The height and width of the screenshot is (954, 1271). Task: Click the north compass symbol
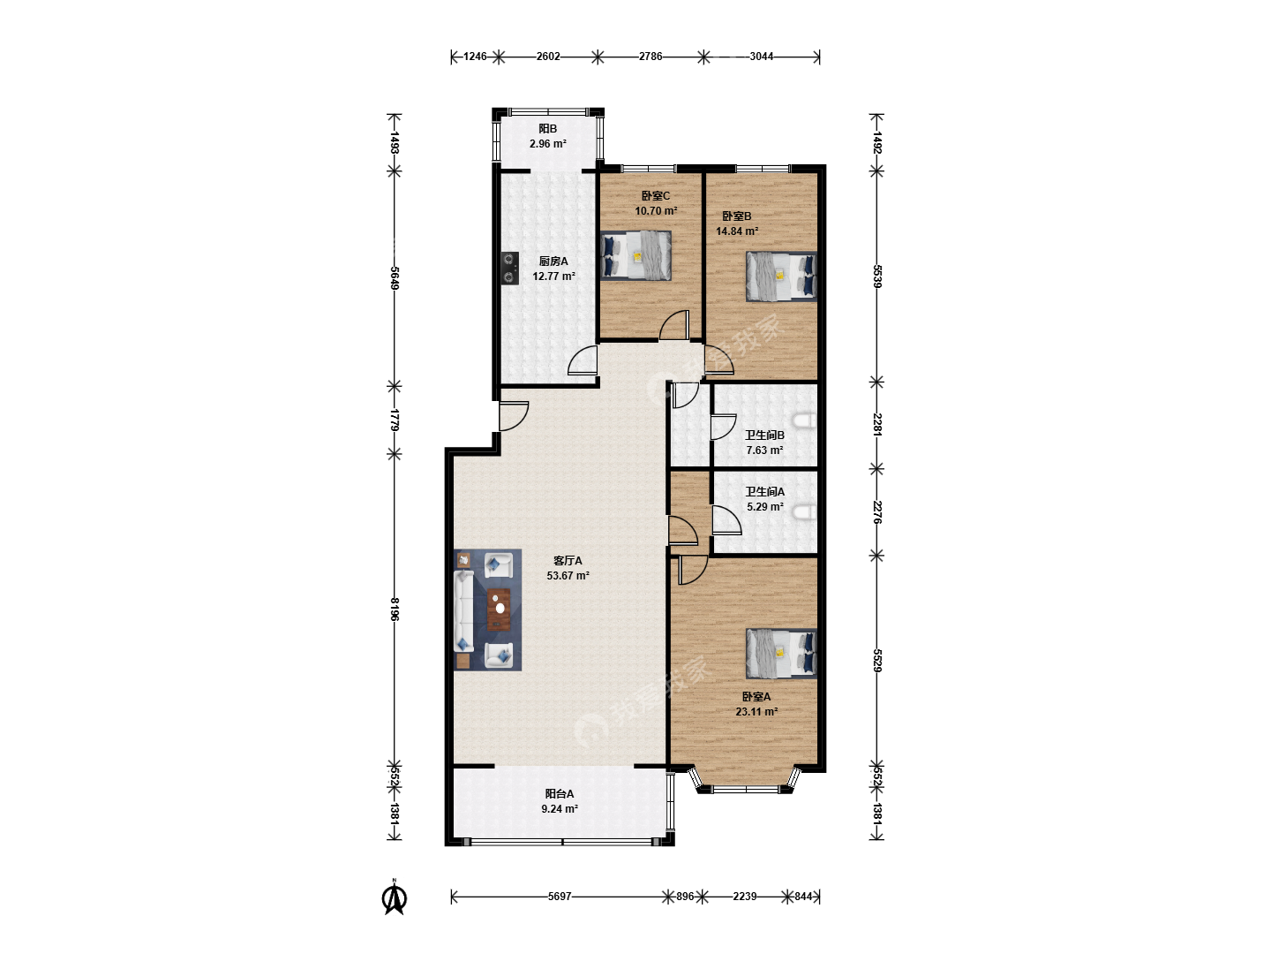pyautogui.click(x=394, y=897)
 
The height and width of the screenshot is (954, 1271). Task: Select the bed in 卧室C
pyautogui.click(x=635, y=255)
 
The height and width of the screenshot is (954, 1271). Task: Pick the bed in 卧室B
pyautogui.click(x=781, y=276)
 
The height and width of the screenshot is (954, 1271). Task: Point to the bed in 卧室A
pyautogui.click(x=781, y=654)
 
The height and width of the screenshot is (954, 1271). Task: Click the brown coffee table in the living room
pyautogui.click(x=499, y=609)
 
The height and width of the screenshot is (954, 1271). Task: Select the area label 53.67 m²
pyautogui.click(x=568, y=575)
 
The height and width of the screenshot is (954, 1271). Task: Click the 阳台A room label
pyautogui.click(x=559, y=793)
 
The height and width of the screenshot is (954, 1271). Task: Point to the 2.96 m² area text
pyautogui.click(x=547, y=144)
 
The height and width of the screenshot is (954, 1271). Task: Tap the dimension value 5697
pyautogui.click(x=560, y=896)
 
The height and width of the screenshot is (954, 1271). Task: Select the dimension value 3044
pyautogui.click(x=762, y=57)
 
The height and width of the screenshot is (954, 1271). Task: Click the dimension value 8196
pyautogui.click(x=395, y=609)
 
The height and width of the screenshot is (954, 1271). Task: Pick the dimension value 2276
pyautogui.click(x=877, y=512)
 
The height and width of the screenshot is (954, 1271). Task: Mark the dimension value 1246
pyautogui.click(x=475, y=57)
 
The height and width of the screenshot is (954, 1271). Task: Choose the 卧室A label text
pyautogui.click(x=756, y=696)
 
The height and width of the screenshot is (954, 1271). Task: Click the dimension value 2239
pyautogui.click(x=744, y=896)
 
